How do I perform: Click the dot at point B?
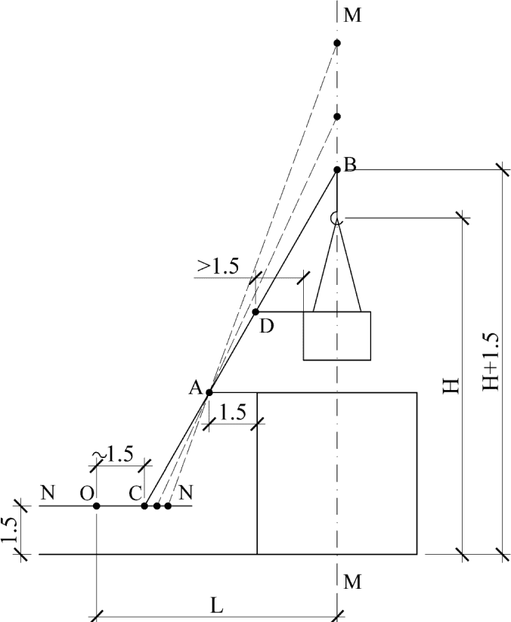point(337,170)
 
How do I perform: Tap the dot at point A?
point(209,393)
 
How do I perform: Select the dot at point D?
point(256,312)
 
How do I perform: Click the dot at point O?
point(97,506)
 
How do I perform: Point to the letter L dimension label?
point(217,605)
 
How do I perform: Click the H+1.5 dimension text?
point(491,361)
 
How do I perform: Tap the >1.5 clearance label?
point(218,267)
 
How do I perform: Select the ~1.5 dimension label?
point(114,455)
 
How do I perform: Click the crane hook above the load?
point(335,218)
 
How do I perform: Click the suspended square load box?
point(337,336)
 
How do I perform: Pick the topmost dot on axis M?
point(337,43)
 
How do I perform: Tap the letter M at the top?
point(353,15)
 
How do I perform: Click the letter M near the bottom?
point(353,582)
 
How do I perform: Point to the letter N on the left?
point(47,493)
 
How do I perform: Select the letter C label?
point(135,494)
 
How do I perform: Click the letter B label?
point(350,164)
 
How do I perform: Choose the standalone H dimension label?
point(451,385)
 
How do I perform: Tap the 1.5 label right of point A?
point(233,412)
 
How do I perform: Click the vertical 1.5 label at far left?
point(10,529)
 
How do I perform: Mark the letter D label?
point(267,326)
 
